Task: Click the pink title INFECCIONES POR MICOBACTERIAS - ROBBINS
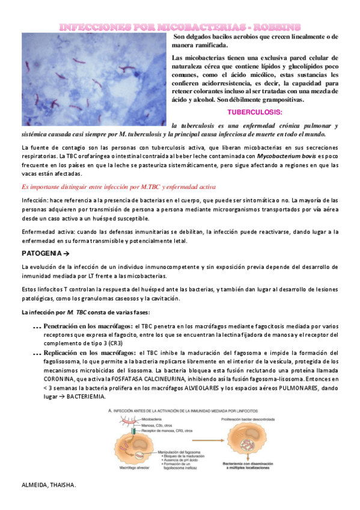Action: click(x=180, y=27)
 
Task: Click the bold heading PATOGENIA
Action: click(x=46, y=253)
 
